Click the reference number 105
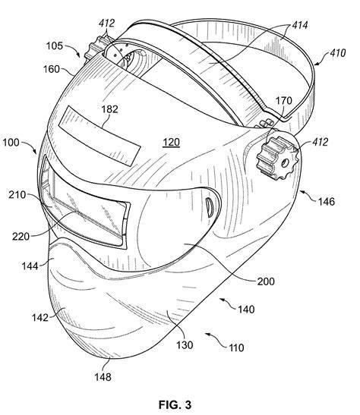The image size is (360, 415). pos(55,46)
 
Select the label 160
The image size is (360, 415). pos(52,69)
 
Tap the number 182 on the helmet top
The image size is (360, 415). pos(109,109)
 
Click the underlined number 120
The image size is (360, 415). pos(171,143)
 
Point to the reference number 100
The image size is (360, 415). pos(11,143)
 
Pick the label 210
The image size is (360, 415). pos(17,195)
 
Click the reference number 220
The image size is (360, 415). pos(21,237)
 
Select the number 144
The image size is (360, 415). pos(30,266)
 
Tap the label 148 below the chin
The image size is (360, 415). pos(103,377)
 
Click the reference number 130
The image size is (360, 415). pos(185,345)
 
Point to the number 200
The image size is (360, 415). pos(266,281)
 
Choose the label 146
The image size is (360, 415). pos(327,202)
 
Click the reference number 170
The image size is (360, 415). pos(284,101)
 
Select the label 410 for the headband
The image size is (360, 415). pos(338,53)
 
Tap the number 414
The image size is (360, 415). pos(300,25)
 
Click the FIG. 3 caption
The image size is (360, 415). pos(175,404)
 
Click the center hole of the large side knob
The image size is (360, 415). pos(285,163)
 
